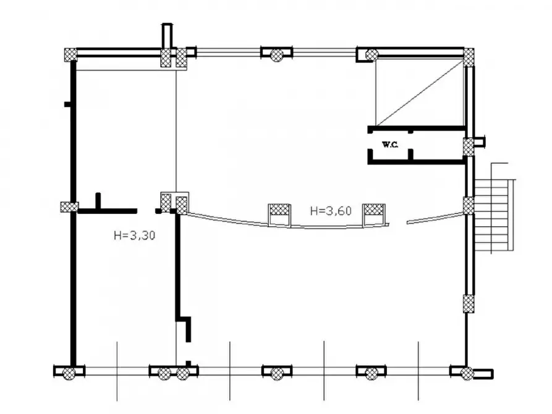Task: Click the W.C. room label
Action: (389, 145)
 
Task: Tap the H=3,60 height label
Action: (331, 211)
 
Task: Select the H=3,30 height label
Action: (135, 235)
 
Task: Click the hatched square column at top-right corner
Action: (468, 57)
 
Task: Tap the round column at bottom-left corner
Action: (69, 373)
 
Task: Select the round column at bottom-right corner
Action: (467, 373)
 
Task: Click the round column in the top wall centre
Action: (276, 55)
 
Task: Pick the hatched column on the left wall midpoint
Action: (69, 206)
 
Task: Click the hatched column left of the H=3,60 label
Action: (279, 210)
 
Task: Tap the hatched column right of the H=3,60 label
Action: (374, 210)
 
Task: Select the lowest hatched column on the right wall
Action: (468, 304)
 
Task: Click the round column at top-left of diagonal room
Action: (372, 55)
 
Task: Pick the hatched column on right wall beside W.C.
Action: (468, 147)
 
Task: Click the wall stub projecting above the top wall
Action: (167, 35)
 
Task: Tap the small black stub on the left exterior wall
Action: (67, 104)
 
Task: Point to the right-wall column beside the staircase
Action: (468, 206)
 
